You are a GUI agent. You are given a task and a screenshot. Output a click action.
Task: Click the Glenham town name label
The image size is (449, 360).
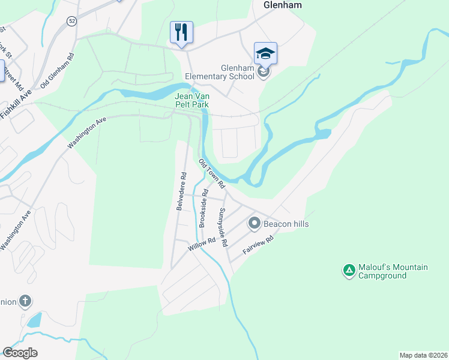[x=282, y=5]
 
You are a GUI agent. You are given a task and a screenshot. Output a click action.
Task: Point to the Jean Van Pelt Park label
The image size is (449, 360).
[x=191, y=100]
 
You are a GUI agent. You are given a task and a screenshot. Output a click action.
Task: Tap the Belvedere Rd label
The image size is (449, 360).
[x=181, y=191]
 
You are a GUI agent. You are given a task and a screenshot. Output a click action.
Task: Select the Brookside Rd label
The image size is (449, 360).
[x=203, y=208]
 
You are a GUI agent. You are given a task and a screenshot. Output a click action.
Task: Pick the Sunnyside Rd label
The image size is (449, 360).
[x=223, y=228]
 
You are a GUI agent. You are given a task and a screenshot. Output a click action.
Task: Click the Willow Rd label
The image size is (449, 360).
[x=201, y=244]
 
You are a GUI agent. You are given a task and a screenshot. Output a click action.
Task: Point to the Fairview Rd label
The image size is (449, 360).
[x=258, y=245]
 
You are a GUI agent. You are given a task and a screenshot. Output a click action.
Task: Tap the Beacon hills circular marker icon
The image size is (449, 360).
[x=254, y=224]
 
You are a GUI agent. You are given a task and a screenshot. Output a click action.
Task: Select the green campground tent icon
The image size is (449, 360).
[x=349, y=271]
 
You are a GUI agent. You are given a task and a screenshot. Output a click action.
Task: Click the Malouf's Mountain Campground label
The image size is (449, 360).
[x=393, y=271]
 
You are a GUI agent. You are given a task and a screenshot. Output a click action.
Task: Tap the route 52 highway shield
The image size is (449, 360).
[x=72, y=21]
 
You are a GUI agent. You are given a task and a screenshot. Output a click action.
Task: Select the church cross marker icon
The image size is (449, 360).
[x=25, y=301]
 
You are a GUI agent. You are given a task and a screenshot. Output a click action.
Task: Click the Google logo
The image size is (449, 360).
[x=20, y=353]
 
